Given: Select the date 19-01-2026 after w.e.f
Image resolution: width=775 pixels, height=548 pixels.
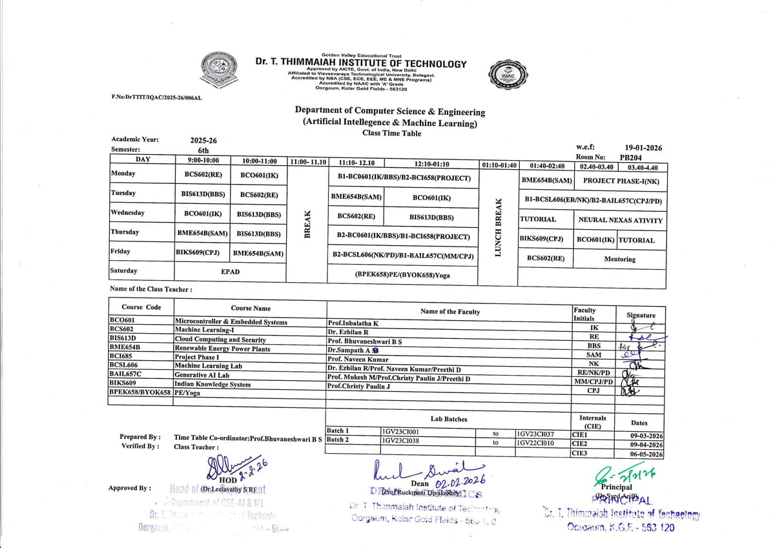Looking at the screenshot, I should pyautogui.click(x=643, y=148).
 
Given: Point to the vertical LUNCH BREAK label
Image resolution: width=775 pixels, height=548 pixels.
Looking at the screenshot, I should pyautogui.click(x=499, y=227).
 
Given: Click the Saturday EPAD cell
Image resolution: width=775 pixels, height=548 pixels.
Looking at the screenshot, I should pyautogui.click(x=230, y=272).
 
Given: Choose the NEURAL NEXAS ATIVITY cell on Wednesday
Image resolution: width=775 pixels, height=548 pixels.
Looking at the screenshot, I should pyautogui.click(x=620, y=220).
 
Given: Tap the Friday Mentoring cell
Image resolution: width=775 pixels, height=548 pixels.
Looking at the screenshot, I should pyautogui.click(x=619, y=259).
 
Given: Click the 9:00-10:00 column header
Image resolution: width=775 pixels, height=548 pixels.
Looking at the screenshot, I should pyautogui.click(x=203, y=162).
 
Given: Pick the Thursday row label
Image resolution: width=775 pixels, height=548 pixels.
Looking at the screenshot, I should pyautogui.click(x=125, y=232).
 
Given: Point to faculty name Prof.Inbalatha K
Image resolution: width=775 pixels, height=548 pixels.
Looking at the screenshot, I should pyautogui.click(x=353, y=323).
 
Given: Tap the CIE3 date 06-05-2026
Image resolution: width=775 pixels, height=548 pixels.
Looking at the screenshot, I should pyautogui.click(x=646, y=454).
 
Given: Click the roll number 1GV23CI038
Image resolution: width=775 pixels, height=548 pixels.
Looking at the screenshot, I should pyautogui.click(x=401, y=441).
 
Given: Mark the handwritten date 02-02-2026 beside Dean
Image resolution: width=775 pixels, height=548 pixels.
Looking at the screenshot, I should pyautogui.click(x=459, y=482).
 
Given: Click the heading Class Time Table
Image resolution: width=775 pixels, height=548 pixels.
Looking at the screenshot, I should pyautogui.click(x=391, y=134).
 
